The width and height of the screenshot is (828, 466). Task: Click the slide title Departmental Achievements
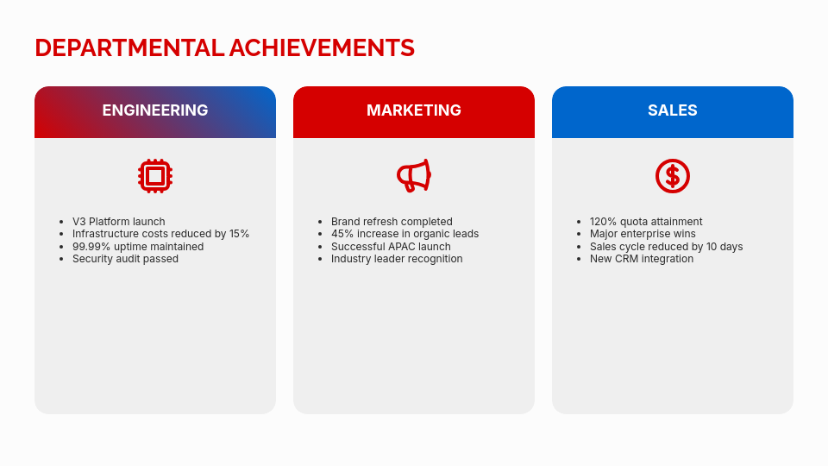click(x=224, y=47)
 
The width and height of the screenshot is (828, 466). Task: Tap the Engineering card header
click(x=155, y=110)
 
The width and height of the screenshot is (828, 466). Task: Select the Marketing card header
click(x=414, y=110)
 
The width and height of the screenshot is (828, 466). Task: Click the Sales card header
click(x=673, y=110)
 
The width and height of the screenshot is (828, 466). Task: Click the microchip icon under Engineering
click(x=155, y=176)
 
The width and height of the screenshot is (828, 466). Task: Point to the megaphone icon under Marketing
click(x=414, y=176)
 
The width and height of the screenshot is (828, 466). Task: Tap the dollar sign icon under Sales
click(x=673, y=176)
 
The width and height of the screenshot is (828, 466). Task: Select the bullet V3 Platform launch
click(x=118, y=222)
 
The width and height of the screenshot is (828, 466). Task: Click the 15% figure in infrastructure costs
click(x=239, y=234)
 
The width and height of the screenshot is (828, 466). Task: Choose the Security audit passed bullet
click(x=125, y=259)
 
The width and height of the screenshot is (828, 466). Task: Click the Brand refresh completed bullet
click(x=392, y=222)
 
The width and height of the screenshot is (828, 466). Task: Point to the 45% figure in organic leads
click(x=342, y=234)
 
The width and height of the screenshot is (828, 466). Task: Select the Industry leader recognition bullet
click(x=397, y=259)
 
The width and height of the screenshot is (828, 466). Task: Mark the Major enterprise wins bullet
click(x=643, y=234)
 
